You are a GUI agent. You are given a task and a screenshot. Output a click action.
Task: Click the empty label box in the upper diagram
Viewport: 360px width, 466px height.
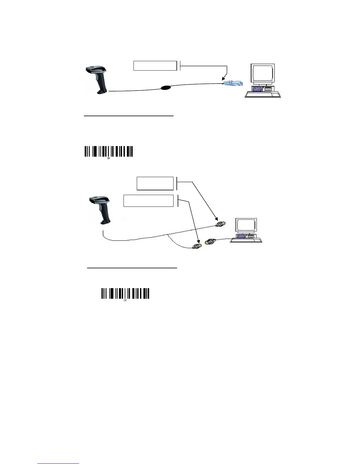tap(155, 66)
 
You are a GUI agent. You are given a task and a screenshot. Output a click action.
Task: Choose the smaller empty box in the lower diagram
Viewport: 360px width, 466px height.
tap(155, 184)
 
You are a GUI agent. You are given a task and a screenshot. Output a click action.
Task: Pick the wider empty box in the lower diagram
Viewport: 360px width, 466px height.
tap(148, 201)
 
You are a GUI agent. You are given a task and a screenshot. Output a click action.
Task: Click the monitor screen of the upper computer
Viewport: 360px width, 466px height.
tap(263, 75)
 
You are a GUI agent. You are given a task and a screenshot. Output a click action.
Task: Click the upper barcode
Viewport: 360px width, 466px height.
tap(109, 151)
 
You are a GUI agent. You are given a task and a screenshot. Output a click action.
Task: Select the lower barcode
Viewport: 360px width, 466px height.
tap(125, 294)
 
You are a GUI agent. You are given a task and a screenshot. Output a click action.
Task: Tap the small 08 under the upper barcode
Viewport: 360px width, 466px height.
tap(109, 158)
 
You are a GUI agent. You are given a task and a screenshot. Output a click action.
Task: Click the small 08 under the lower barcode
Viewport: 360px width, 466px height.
tap(125, 300)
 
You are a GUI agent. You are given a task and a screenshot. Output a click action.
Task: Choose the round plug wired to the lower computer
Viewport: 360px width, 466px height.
tap(210, 242)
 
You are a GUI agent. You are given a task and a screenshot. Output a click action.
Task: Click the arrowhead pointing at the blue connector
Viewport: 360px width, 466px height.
tap(224, 79)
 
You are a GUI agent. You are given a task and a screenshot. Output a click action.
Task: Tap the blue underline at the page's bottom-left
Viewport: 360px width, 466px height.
tap(58, 464)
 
